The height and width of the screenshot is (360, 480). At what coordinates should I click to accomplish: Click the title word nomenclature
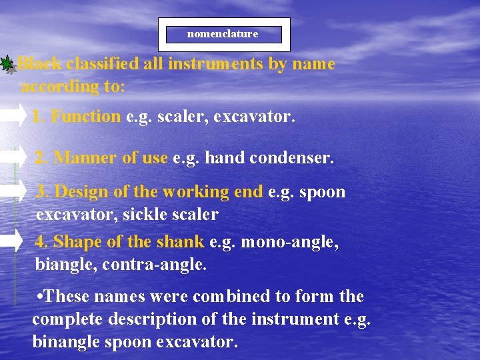pos(223,34)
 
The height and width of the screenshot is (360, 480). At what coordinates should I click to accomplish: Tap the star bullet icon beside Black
pos(7,65)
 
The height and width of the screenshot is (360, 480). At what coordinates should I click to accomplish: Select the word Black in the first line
pos(39,64)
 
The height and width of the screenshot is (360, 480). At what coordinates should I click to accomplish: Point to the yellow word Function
pos(86,117)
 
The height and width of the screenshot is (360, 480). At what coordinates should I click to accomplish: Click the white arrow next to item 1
pos(12,116)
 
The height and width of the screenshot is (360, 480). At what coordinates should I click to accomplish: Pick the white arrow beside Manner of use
pos(12,157)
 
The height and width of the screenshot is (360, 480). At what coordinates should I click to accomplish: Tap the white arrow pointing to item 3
pos(12,190)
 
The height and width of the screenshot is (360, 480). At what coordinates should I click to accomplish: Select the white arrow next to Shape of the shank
pos(12,240)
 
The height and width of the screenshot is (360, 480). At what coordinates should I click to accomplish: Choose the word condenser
pos(297,158)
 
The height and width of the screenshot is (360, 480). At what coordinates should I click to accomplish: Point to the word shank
pos(181,241)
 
